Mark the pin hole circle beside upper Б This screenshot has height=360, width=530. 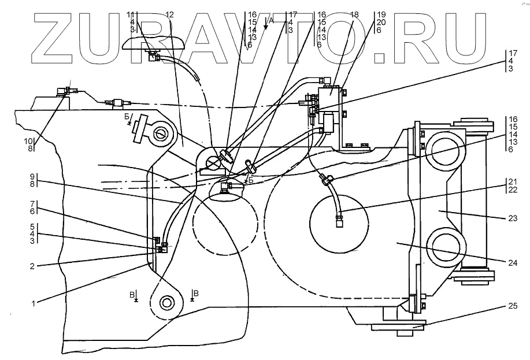point(161,133)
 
